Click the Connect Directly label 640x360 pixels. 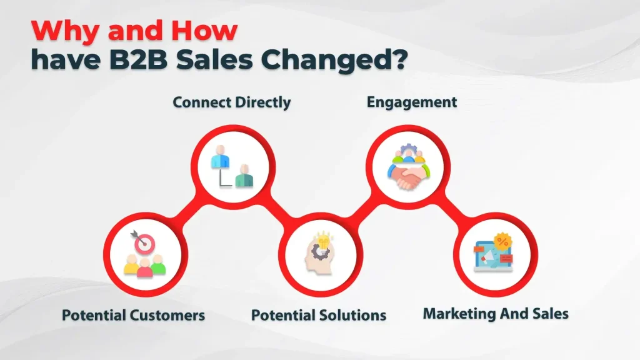tap(231, 102)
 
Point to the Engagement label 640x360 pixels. tap(411, 102)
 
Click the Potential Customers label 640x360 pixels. tap(133, 314)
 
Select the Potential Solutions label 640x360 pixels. tap(319, 314)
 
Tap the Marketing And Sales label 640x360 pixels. tap(496, 313)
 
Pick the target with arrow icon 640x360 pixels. tap(144, 242)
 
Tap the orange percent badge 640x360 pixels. tap(501, 241)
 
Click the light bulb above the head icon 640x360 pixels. tap(324, 239)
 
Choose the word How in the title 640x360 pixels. tap(204, 31)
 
